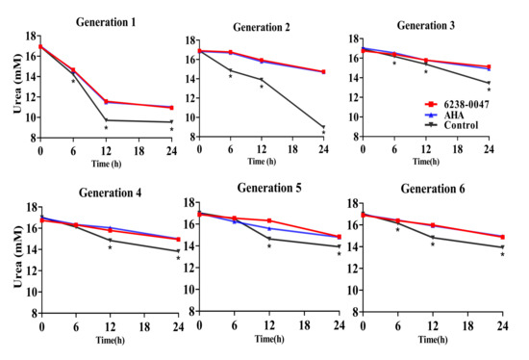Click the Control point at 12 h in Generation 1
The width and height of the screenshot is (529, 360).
pos(106,120)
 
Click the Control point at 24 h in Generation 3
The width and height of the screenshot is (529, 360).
pos(489,83)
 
